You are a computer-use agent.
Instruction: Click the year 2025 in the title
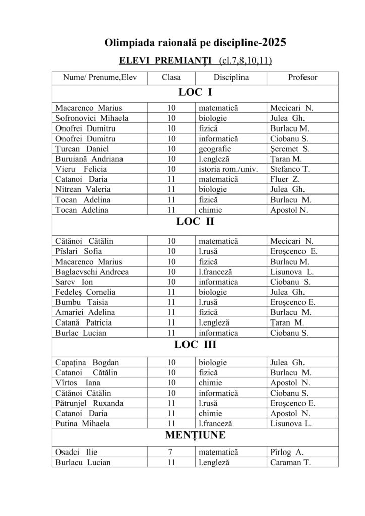pos(274,43)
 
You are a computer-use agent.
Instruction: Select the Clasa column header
pos(171,78)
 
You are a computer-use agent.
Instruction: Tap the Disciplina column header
pos(231,78)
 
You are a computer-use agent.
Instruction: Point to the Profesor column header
pos(302,78)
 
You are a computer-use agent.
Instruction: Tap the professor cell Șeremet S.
pos(290,149)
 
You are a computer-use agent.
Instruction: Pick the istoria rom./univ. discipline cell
pos(228,169)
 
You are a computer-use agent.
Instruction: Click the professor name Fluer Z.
pos(284,179)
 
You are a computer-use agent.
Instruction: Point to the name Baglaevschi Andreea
pos(92,272)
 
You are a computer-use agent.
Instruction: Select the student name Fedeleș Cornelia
pos(86,292)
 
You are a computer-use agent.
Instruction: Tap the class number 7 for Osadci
pos(171,452)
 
